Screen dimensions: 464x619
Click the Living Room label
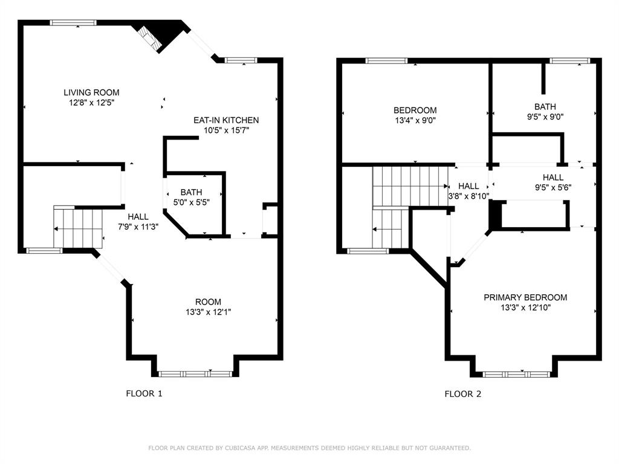click(91, 92)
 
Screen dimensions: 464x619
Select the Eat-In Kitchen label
click(226, 120)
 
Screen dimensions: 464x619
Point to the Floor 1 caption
click(144, 394)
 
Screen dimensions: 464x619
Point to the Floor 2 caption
click(463, 394)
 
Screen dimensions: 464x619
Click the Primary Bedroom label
click(525, 297)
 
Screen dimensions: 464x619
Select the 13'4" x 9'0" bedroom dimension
click(415, 120)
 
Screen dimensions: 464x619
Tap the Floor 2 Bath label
click(545, 107)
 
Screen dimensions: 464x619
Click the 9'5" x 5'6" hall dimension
click(553, 187)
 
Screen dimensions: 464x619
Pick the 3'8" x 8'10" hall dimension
click(468, 196)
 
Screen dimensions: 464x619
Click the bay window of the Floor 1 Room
click(195, 374)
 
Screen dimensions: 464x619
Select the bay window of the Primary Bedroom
click(516, 374)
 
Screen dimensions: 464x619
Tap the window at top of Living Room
click(73, 23)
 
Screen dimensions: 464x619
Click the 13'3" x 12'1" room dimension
click(207, 312)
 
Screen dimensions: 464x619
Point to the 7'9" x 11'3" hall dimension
click(138, 227)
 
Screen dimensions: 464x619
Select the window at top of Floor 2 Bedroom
click(387, 60)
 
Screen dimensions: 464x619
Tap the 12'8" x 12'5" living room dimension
click(91, 103)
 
